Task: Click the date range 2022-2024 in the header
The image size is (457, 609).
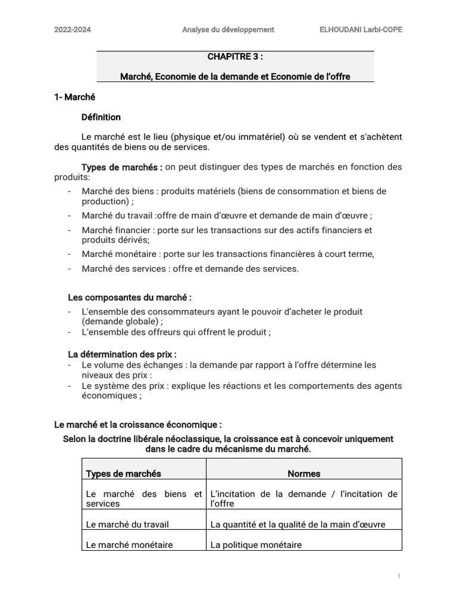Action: tap(73, 29)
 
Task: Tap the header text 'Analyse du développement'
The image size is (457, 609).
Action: tap(228, 29)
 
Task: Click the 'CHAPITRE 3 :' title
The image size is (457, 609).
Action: tap(235, 57)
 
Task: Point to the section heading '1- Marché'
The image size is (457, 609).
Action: tap(74, 97)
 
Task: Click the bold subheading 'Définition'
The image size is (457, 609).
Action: tap(101, 117)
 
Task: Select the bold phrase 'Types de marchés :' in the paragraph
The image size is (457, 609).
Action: tap(121, 167)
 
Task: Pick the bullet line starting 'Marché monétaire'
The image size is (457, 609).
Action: tap(228, 254)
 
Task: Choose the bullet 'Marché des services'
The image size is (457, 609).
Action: tap(190, 269)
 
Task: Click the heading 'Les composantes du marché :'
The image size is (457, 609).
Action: tap(130, 297)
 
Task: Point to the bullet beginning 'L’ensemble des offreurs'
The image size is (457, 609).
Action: tap(176, 332)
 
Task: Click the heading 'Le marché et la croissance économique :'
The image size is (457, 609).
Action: tap(138, 425)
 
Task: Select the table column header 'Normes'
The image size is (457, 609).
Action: tap(303, 474)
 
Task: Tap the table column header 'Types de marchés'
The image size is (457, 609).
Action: tap(124, 474)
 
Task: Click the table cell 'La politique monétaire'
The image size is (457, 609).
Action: tap(256, 545)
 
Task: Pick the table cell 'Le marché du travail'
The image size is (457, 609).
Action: tap(127, 525)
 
